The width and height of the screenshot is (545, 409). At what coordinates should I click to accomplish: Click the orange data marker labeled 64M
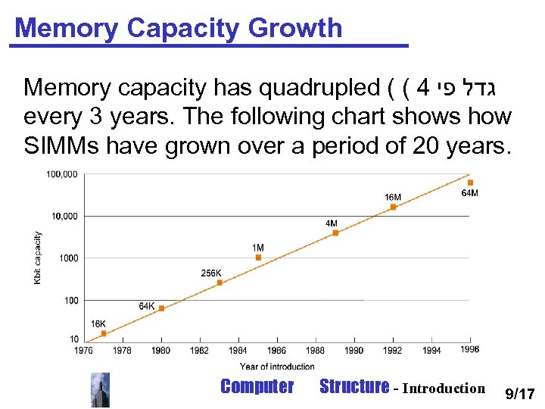pyautogui.click(x=470, y=183)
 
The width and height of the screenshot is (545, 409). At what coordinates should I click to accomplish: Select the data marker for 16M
pyautogui.click(x=393, y=207)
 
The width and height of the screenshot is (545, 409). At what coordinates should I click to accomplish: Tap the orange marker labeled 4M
pyautogui.click(x=335, y=233)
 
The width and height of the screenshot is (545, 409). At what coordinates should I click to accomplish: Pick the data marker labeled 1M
pyautogui.click(x=258, y=258)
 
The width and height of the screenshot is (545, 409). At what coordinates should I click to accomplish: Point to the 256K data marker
pyautogui.click(x=220, y=283)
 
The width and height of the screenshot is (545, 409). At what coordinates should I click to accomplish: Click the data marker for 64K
pyautogui.click(x=161, y=308)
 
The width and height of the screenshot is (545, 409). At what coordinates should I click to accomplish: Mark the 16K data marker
pyautogui.click(x=104, y=333)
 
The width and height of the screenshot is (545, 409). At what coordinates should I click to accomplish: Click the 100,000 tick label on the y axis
pyautogui.click(x=62, y=174)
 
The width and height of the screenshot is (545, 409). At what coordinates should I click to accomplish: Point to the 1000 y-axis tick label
pyautogui.click(x=69, y=258)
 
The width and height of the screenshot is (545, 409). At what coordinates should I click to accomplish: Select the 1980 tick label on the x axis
pyautogui.click(x=161, y=350)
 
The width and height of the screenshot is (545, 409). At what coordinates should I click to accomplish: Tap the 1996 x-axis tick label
pyautogui.click(x=469, y=349)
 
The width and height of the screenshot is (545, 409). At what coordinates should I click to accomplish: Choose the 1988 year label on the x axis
pyautogui.click(x=315, y=350)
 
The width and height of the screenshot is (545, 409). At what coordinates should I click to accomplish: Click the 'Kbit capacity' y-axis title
pyautogui.click(x=38, y=258)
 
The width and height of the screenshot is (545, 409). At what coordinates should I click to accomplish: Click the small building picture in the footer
pyautogui.click(x=100, y=389)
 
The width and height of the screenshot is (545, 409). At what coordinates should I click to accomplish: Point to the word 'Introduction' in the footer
pyautogui.click(x=443, y=389)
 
